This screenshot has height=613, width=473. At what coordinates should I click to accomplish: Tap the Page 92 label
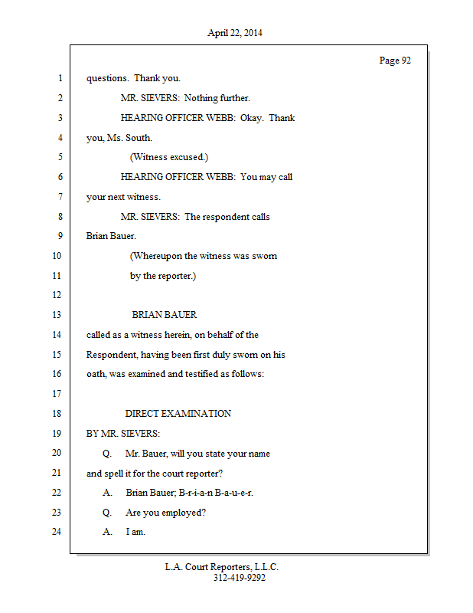click(395, 61)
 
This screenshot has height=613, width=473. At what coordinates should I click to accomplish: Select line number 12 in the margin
click(57, 295)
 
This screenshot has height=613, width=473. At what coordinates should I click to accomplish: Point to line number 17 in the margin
click(57, 394)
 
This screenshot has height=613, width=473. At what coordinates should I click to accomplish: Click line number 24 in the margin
click(57, 532)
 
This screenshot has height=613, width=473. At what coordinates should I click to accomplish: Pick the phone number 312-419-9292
click(239, 578)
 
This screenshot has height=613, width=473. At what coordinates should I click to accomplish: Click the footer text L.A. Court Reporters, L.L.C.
click(222, 567)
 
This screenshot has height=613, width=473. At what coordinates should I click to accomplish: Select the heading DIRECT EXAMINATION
click(178, 414)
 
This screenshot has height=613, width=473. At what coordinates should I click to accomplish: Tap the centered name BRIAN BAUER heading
click(164, 315)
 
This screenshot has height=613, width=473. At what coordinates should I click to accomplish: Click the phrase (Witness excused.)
click(168, 157)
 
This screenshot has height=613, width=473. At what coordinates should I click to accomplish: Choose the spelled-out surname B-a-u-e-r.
click(231, 493)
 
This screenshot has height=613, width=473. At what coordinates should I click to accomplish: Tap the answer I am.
click(135, 532)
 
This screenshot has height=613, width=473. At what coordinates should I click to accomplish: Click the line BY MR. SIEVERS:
click(122, 433)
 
